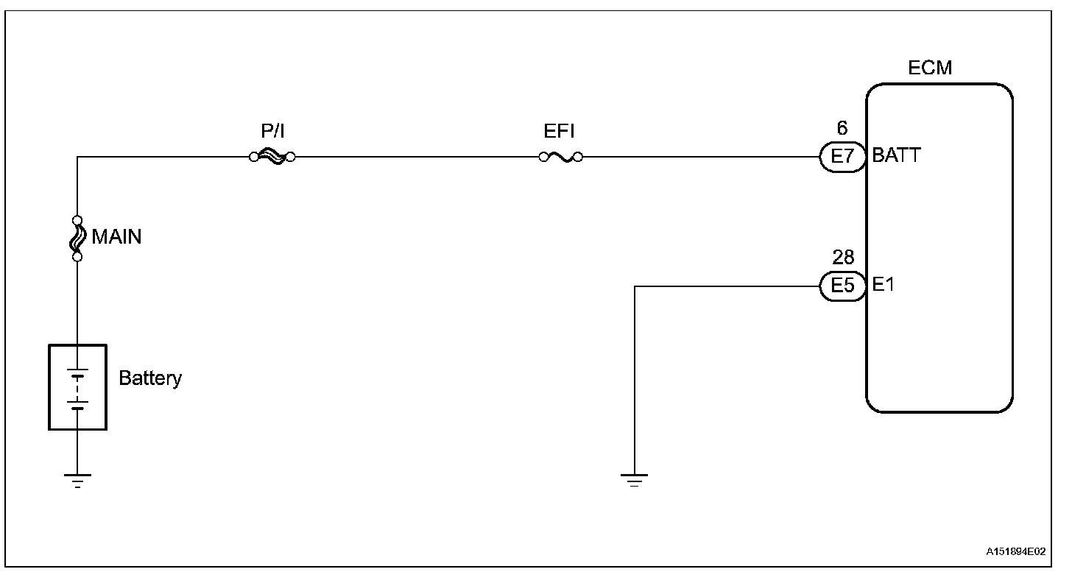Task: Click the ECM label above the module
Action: coord(929,68)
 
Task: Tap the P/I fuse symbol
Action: coord(272,157)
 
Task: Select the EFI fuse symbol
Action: coord(560,157)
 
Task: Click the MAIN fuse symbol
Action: coord(77,238)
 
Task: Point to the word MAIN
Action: coord(116,237)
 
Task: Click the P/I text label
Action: coord(272,132)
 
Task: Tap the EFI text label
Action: coord(560,132)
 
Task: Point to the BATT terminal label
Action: coord(896,156)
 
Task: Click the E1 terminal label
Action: coord(883,285)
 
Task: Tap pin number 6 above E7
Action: coord(842,129)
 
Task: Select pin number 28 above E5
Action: coord(843,258)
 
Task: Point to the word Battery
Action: coord(150,378)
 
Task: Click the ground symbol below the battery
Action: coord(77,481)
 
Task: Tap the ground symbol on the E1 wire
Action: coord(634,481)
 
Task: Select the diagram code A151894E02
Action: coord(1016,551)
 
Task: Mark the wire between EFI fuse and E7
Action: coord(699,157)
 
